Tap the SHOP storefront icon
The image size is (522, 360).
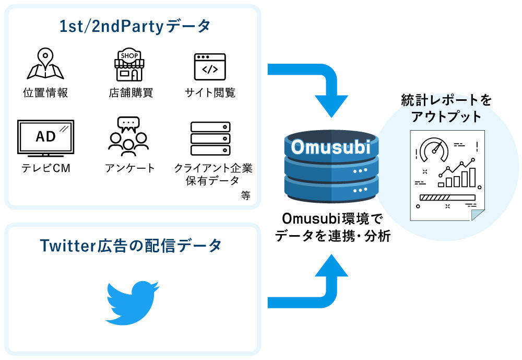click(128, 66)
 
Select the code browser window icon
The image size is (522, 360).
click(210, 67)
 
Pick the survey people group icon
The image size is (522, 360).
click(128, 136)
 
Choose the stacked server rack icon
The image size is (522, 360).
click(210, 139)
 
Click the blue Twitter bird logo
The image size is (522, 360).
click(132, 304)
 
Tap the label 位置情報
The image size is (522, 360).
click(45, 93)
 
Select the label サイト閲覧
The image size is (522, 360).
click(210, 93)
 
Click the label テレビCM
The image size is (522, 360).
click(45, 168)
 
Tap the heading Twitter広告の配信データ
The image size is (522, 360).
click(131, 245)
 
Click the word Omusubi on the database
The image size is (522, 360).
click(330, 147)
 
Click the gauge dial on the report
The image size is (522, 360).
click(434, 149)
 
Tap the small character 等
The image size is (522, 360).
click(245, 195)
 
